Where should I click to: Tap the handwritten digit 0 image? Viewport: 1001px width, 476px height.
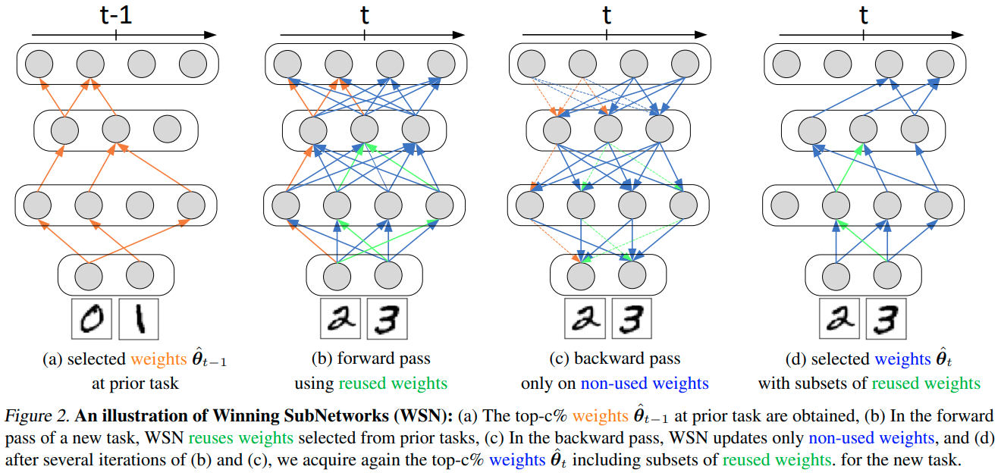92,319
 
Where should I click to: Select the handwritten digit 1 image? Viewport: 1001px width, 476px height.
140,319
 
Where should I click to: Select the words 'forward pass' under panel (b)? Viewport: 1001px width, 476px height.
383,359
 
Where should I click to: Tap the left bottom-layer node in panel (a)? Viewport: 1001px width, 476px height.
90,274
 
